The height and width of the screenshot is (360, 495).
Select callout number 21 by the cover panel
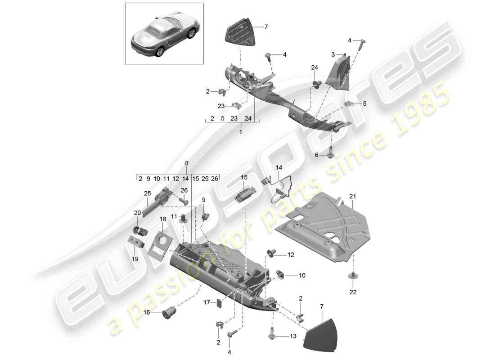(352, 196)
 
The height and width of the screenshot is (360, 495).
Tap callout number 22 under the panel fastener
(352, 292)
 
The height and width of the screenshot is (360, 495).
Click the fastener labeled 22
(352, 276)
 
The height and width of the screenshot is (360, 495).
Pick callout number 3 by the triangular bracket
(333, 54)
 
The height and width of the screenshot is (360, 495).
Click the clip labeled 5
(348, 104)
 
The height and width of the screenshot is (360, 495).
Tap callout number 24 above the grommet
(314, 67)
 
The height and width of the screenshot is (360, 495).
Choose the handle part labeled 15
(245, 197)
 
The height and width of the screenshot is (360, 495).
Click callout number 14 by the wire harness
(279, 167)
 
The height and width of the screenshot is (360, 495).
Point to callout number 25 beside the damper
(147, 193)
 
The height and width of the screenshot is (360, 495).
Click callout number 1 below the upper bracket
(240, 132)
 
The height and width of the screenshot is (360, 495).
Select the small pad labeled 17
(220, 303)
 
